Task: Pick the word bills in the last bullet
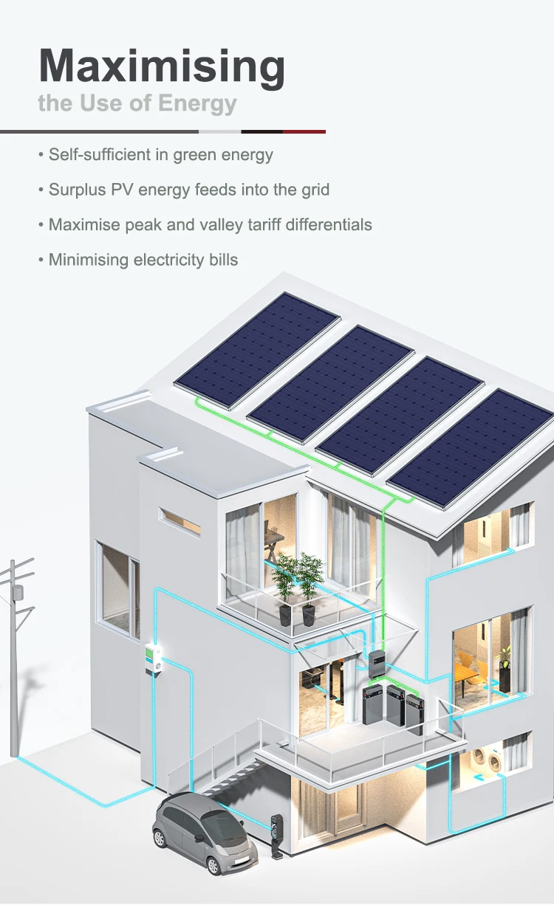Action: [222, 259]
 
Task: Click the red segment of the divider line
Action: [304, 131]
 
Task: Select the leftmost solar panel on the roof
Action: [257, 349]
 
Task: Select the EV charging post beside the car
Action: [277, 834]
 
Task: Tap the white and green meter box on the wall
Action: [154, 658]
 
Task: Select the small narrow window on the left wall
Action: [180, 520]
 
